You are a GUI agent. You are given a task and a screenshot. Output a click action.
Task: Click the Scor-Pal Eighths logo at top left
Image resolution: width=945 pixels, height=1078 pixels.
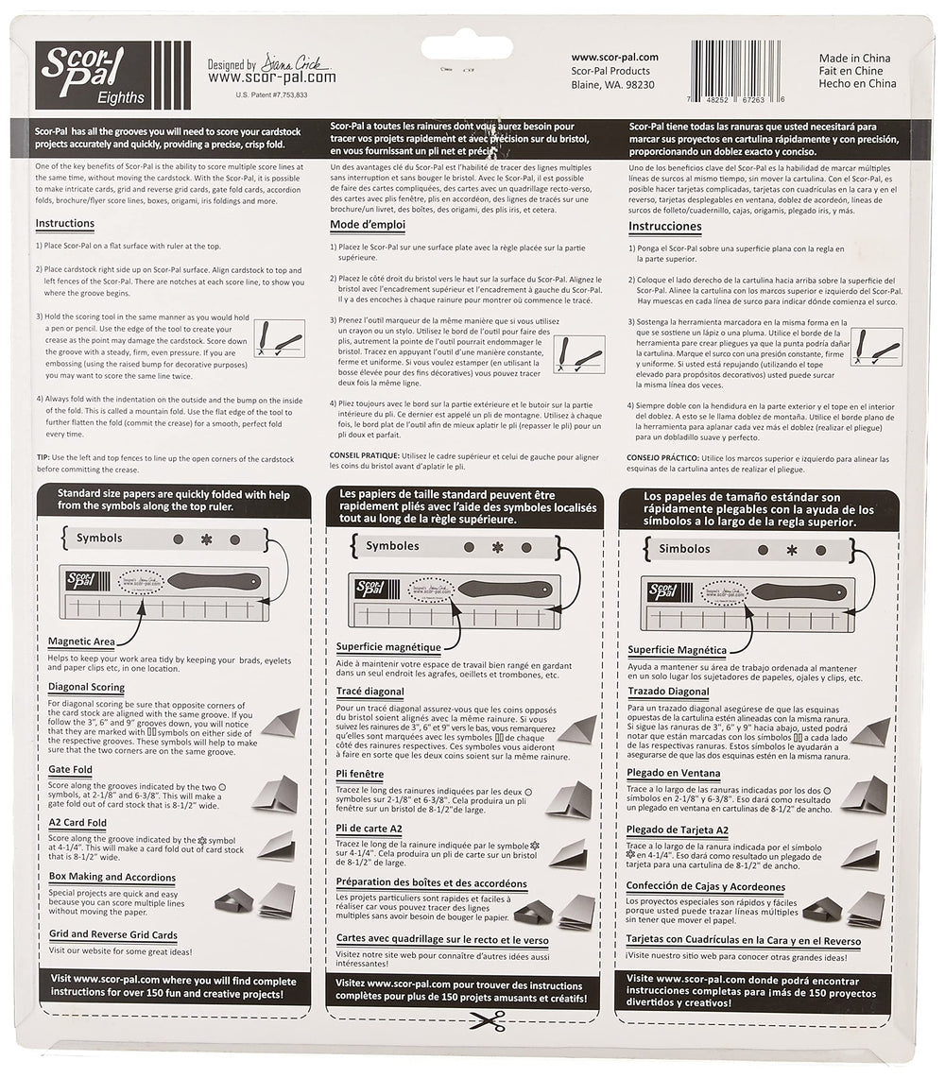tap(112, 75)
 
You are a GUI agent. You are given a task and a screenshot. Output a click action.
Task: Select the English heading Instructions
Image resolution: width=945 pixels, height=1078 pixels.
tap(64, 224)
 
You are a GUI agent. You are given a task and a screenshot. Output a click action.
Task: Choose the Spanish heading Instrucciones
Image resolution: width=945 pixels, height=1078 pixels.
tap(665, 227)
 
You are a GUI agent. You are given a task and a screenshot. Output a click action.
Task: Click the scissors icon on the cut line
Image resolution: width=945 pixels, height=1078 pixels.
tap(487, 1019)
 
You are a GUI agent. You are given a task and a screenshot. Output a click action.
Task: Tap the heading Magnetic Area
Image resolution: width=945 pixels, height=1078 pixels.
tap(81, 642)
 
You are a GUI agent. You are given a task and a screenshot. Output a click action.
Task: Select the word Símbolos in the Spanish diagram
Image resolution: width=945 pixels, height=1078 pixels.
tap(684, 548)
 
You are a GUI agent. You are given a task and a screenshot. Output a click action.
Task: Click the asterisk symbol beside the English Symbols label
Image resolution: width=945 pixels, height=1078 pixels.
tap(206, 539)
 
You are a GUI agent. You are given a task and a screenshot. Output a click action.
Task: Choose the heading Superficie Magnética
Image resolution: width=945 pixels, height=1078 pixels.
tap(678, 650)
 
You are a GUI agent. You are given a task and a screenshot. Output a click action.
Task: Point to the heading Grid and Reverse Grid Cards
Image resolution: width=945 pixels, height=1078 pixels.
tap(112, 935)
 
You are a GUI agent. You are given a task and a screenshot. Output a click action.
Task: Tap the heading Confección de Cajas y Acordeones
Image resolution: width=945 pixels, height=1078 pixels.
tap(705, 887)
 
